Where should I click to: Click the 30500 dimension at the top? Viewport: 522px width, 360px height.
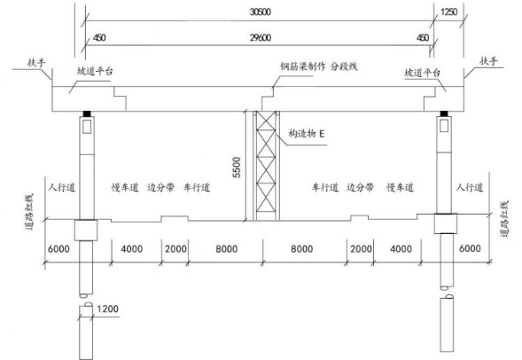tap(261, 12)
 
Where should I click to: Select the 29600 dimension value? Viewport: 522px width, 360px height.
tap(261, 37)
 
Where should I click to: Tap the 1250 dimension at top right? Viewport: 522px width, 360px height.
tap(449, 12)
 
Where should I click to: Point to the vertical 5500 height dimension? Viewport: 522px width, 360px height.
tap(237, 168)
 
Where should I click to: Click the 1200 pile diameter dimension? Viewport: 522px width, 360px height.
tap(107, 309)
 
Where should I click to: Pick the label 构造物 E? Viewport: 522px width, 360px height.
tap(307, 134)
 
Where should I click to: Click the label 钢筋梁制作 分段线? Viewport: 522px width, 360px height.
tap(318, 67)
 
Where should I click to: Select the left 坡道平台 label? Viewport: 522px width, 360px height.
tap(95, 71)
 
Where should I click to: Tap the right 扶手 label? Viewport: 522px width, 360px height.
tap(488, 61)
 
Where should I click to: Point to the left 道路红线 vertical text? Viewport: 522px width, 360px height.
tap(29, 212)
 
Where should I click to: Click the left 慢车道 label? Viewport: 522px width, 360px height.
tap(125, 187)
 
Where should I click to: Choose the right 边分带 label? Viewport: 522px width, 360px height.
tap(360, 187)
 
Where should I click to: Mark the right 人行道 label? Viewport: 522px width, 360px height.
tap(470, 187)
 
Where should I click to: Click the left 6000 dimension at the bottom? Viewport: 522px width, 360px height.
tap(58, 249)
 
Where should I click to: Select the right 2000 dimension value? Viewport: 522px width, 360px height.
tap(361, 249)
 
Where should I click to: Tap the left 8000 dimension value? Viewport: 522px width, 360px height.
tap(226, 249)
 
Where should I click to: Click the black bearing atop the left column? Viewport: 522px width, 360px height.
tap(87, 113)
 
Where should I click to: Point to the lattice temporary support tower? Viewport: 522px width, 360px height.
tap(267, 166)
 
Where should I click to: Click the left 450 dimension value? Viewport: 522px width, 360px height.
tap(99, 37)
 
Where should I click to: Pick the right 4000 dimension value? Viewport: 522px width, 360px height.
tap(401, 249)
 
